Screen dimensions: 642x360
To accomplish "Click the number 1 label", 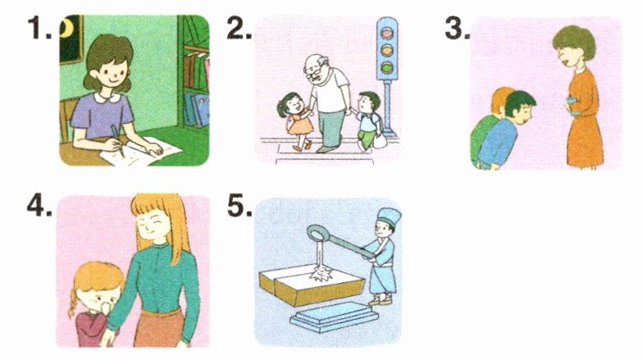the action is (39, 29).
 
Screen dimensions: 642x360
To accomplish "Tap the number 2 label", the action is (239, 29).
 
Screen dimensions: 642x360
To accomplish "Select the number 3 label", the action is (458, 29).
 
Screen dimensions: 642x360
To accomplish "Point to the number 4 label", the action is (39, 206).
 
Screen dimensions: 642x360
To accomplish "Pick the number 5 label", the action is (239, 206).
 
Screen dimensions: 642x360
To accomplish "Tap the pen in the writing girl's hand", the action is (116, 140).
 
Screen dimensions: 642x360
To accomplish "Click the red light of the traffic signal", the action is (386, 32).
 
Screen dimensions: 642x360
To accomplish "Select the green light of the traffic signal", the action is (386, 66).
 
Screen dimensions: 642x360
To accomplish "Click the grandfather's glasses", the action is (313, 75).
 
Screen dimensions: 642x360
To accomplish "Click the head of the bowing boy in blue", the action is (520, 108).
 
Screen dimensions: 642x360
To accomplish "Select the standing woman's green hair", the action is (574, 39).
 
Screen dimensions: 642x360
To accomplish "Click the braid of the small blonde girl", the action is (72, 303).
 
